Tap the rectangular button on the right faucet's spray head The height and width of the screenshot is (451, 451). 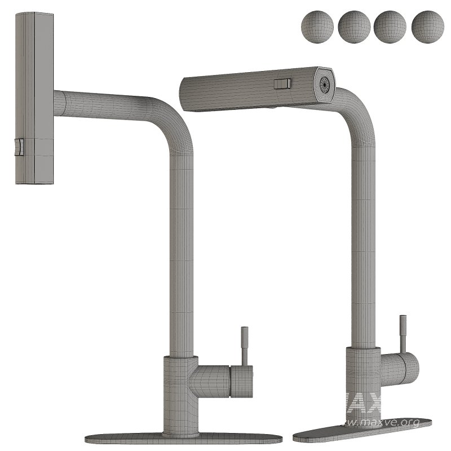click(282, 84)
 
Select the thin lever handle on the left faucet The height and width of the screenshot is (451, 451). click(245, 344)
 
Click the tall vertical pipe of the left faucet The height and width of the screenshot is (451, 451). click(182, 254)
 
